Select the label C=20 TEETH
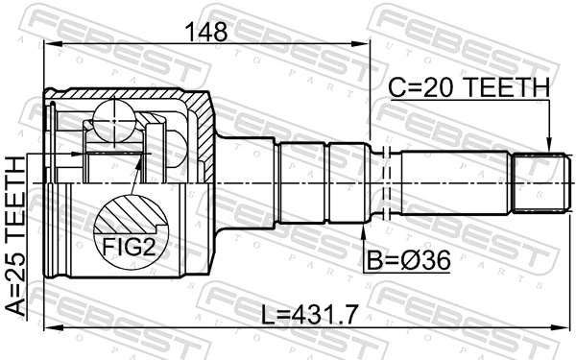click(x=468, y=88)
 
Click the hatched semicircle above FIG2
click(x=128, y=215)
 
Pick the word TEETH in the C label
click(x=509, y=88)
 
